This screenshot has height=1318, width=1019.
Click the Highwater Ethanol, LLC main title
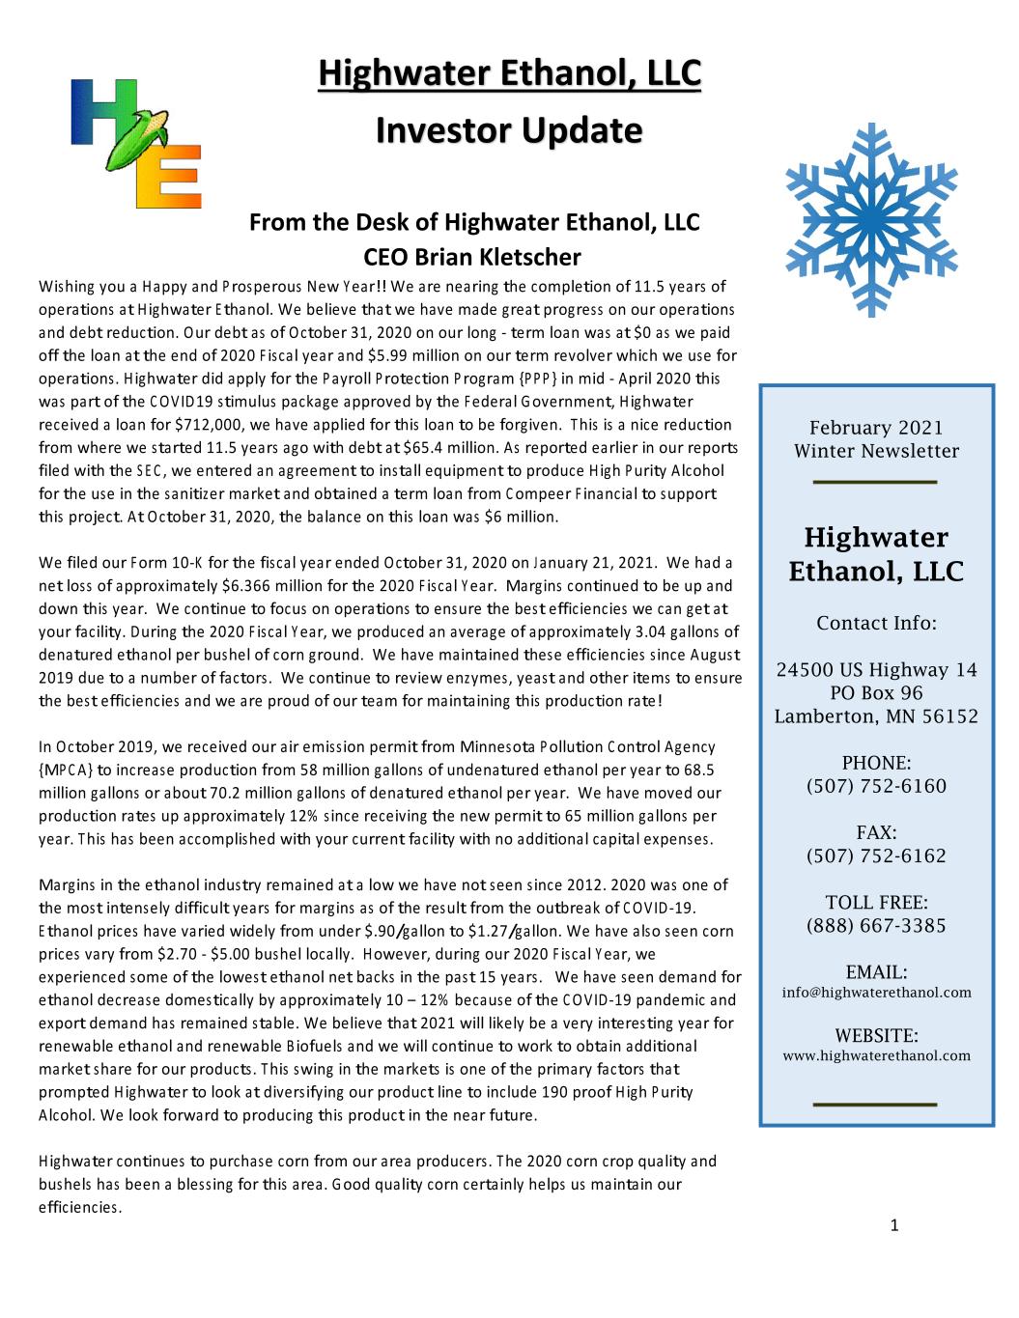(509, 73)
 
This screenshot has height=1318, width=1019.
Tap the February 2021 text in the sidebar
(876, 428)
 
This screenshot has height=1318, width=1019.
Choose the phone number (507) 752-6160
(876, 786)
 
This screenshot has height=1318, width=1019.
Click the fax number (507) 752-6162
(876, 855)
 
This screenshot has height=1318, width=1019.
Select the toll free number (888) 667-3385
(876, 926)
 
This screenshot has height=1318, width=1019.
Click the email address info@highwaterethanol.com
(876, 993)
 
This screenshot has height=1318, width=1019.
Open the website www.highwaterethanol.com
(876, 1055)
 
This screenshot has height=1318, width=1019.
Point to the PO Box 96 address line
(876, 693)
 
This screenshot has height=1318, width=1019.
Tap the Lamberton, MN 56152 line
(876, 716)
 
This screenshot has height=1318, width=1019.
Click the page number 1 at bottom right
(893, 1226)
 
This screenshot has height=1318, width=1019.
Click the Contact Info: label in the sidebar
(876, 623)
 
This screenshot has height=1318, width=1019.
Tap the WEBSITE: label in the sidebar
(876, 1035)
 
